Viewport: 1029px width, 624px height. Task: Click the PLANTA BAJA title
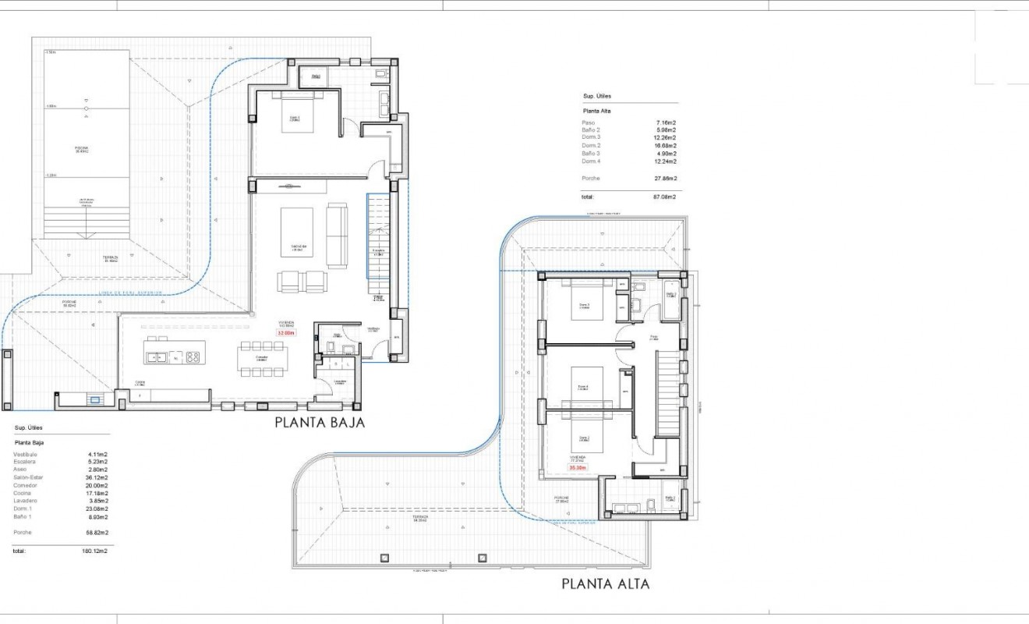(x=320, y=423)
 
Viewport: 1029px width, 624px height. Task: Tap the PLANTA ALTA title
(x=605, y=583)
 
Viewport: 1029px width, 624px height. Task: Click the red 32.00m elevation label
(x=287, y=332)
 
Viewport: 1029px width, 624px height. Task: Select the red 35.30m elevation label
(x=578, y=468)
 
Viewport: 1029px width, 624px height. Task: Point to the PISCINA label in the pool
(x=82, y=148)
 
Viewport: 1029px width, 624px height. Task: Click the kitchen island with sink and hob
(x=172, y=357)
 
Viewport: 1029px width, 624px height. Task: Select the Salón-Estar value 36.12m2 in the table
(x=97, y=477)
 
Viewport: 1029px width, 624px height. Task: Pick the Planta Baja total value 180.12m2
(x=95, y=551)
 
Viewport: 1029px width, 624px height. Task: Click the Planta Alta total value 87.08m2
(x=664, y=197)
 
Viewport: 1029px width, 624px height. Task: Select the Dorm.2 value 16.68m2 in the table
(x=665, y=146)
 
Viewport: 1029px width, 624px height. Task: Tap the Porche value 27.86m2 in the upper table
(x=665, y=179)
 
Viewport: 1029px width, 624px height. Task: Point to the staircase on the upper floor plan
(x=669, y=394)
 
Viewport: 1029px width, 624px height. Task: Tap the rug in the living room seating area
(x=297, y=232)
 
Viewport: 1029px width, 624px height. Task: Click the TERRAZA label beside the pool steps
(x=110, y=257)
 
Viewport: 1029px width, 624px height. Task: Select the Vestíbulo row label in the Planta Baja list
(x=25, y=454)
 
